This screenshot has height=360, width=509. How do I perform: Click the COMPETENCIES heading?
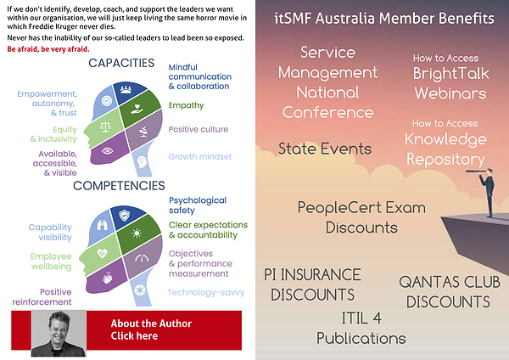119,185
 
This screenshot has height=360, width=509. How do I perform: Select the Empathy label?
186,105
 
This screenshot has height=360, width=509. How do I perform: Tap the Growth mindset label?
199,157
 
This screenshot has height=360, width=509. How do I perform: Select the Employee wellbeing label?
52,262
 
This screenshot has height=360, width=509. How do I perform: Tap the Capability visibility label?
50,233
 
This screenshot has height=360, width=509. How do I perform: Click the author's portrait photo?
59,333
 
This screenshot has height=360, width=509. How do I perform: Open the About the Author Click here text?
150,330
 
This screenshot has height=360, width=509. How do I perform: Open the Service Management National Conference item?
327,83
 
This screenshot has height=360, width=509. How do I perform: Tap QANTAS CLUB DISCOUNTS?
448,292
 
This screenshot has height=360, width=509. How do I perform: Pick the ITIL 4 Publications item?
361,329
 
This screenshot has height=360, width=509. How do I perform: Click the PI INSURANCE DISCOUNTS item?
312,284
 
